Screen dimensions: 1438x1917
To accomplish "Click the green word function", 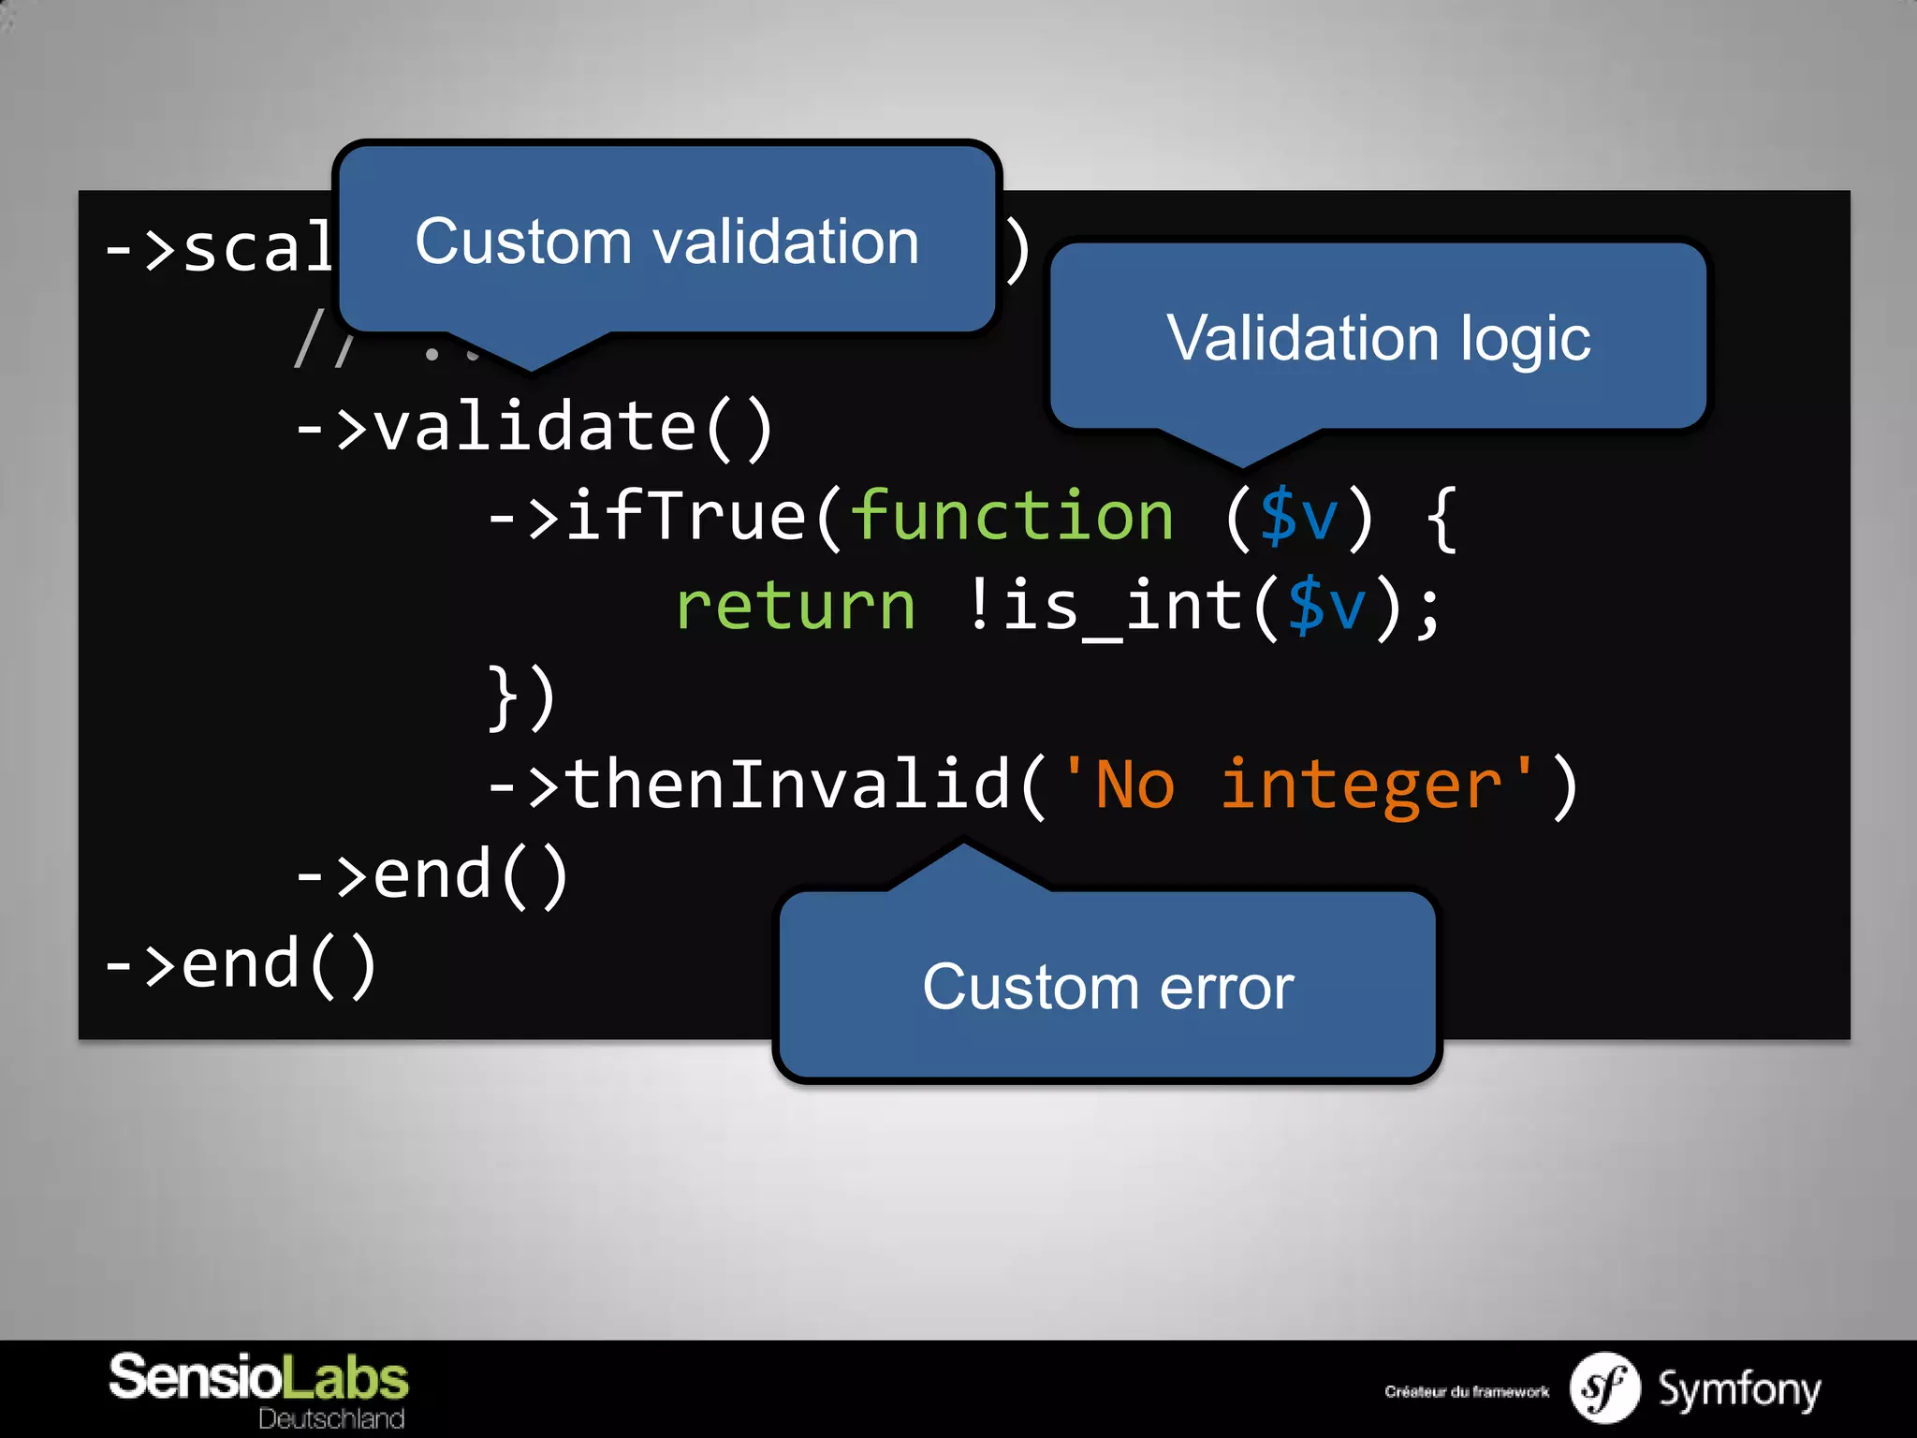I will click(x=1011, y=517).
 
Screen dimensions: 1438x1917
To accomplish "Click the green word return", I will click(x=796, y=607).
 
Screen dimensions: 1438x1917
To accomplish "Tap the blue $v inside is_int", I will click(x=1327, y=607).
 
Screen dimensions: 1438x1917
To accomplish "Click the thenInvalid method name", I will click(x=786, y=785).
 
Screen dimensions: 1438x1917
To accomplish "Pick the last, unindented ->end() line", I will click(x=241, y=964).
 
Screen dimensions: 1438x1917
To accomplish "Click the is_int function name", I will click(x=1123, y=607).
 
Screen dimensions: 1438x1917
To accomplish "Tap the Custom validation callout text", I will click(x=666, y=242).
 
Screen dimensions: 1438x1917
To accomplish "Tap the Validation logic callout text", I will click(x=1378, y=338).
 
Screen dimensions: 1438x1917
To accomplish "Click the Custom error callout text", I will click(x=1107, y=987).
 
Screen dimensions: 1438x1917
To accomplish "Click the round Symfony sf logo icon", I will click(x=1604, y=1388).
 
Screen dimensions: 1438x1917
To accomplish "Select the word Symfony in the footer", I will click(x=1739, y=1389).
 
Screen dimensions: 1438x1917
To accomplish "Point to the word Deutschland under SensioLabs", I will click(x=331, y=1418).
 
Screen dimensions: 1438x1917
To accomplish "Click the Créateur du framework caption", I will click(x=1466, y=1392).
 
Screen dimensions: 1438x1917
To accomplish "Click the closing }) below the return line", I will click(x=522, y=697).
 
